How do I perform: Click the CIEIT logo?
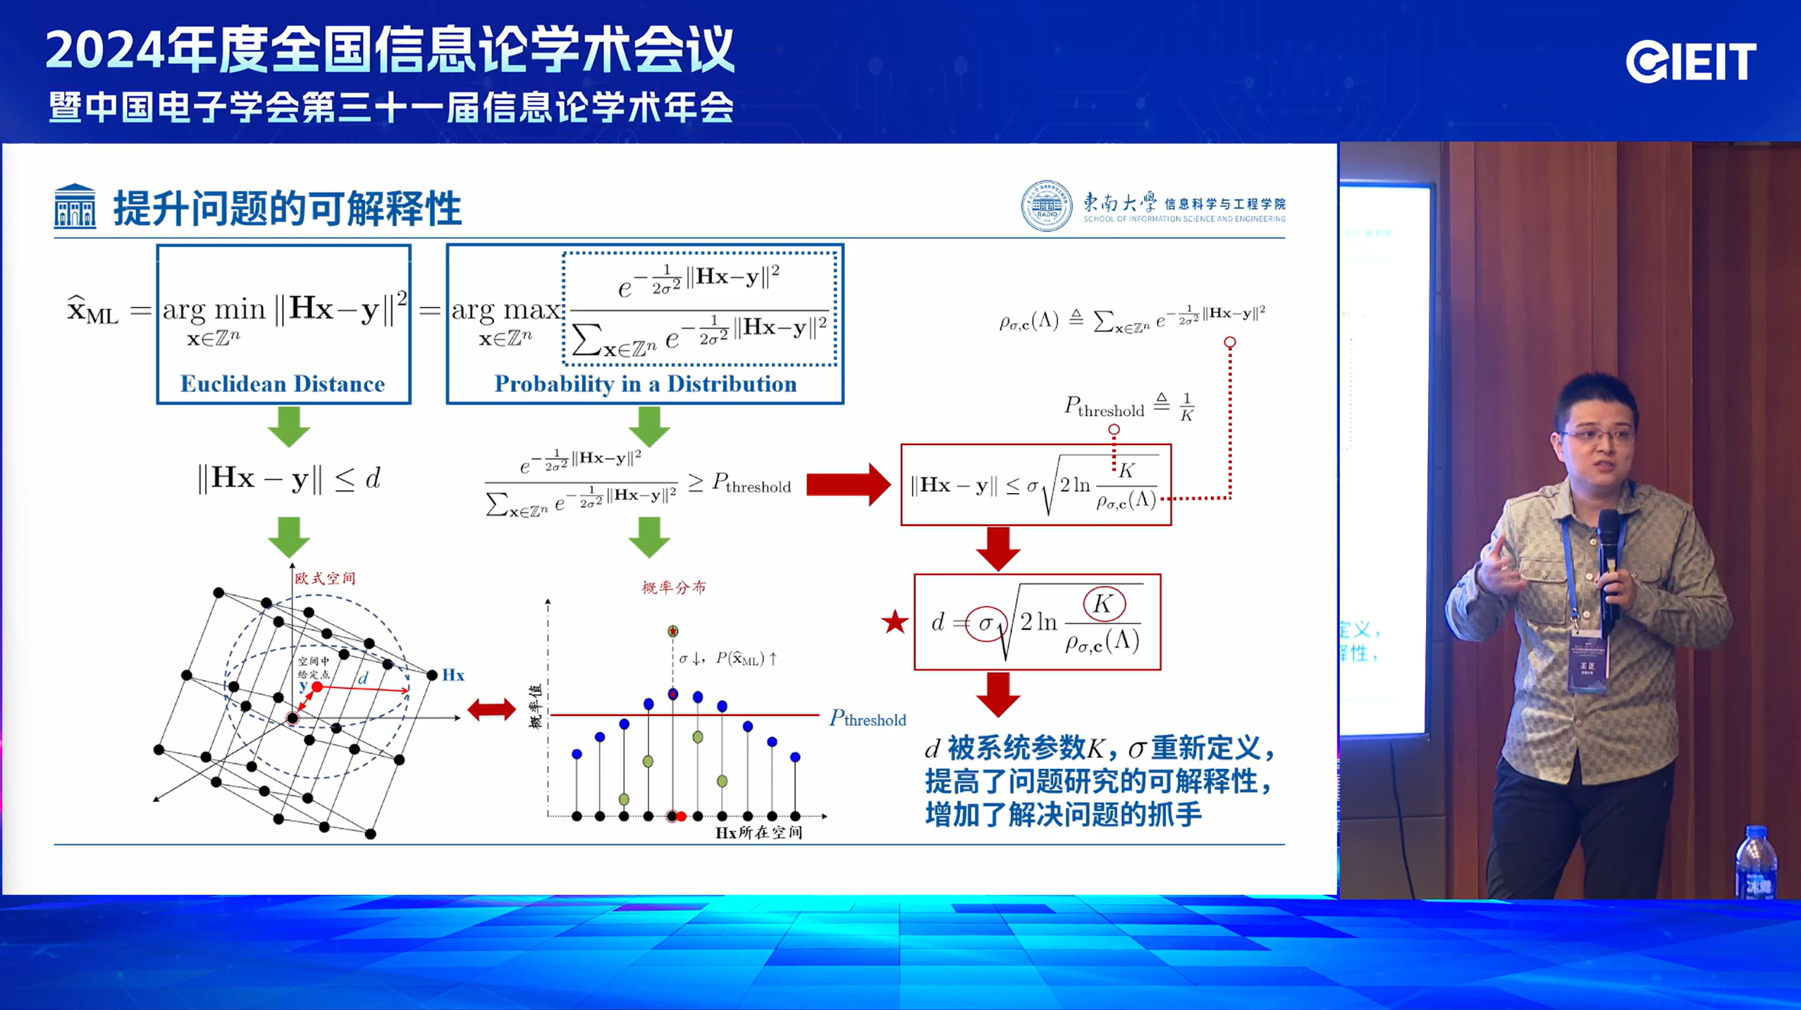[1690, 63]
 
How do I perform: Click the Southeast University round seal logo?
[1046, 206]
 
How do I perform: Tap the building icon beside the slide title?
[75, 207]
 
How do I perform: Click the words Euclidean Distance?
[283, 384]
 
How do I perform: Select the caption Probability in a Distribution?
[645, 384]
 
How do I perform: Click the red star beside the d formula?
[895, 622]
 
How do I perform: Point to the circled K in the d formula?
[1103, 604]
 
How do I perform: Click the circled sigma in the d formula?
[985, 623]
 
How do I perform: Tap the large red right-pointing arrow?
[847, 485]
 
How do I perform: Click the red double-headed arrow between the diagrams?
[491, 709]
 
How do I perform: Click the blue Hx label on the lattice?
[453, 675]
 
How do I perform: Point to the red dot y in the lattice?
[317, 686]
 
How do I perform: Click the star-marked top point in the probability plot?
[672, 631]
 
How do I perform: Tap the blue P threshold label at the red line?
[867, 719]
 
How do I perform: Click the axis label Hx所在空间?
[758, 832]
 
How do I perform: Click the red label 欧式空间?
[325, 578]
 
